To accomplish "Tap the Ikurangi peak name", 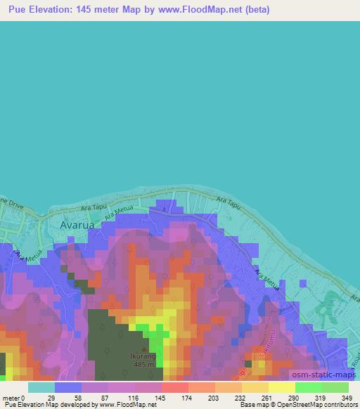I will pyautogui.click(x=145, y=356).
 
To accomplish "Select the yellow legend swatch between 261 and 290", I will pyautogui.click(x=281, y=387).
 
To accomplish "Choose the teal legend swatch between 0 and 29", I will pyautogui.click(x=41, y=387).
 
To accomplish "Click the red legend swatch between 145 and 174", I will pyautogui.click(x=175, y=387).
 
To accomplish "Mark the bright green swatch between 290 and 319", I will pyautogui.click(x=308, y=387).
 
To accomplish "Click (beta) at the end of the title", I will pyautogui.click(x=255, y=10).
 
